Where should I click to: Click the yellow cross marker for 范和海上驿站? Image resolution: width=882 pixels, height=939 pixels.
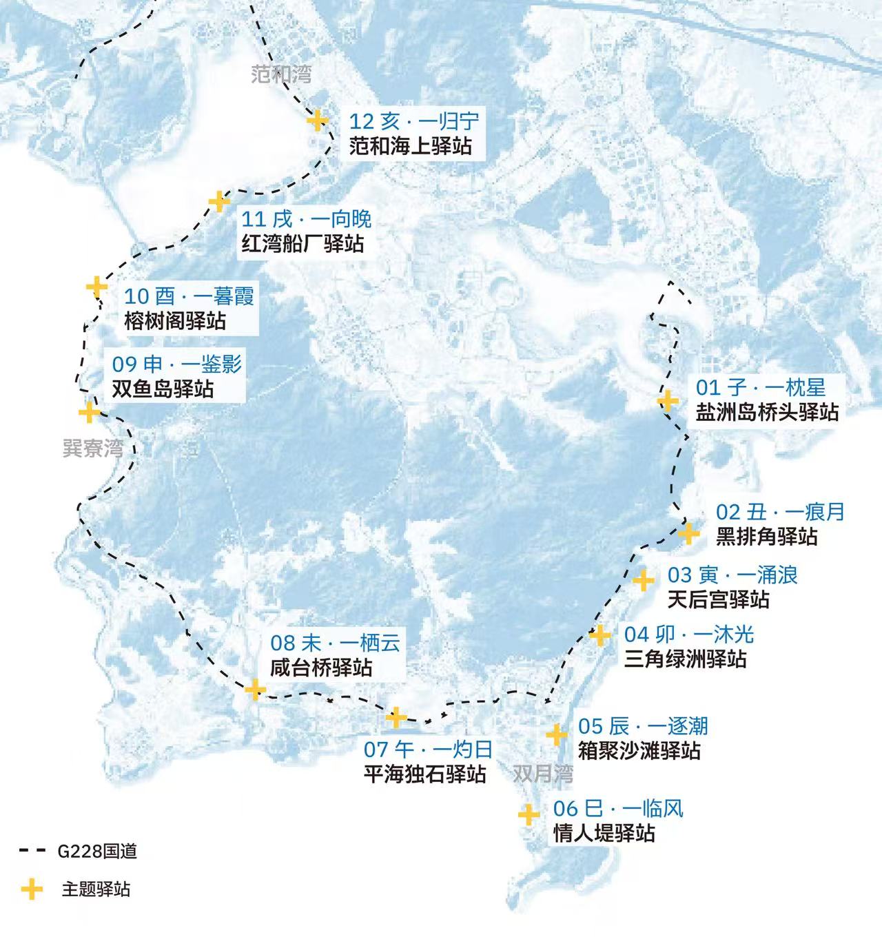pos(317,121)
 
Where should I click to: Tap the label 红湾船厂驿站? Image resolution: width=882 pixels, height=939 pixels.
pos(302,244)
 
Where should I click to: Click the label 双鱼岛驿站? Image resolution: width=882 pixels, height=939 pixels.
pos(163,389)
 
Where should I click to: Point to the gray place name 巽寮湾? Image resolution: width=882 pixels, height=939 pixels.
pos(93,448)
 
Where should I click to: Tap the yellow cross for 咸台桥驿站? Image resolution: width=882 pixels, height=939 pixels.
pos(255,689)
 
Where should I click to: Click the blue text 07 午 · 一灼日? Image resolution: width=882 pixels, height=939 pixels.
pos(428,749)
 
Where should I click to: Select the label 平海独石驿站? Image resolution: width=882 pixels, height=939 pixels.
pos(425,774)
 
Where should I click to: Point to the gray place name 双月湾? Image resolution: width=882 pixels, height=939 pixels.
pos(543,774)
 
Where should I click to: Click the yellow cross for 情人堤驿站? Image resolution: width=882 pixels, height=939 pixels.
pos(529,815)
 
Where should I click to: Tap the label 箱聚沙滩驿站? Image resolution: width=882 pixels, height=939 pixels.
pos(639,750)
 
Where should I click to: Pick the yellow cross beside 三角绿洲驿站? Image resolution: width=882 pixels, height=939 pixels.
pos(599,635)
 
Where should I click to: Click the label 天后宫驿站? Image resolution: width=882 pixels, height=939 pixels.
pos(718,599)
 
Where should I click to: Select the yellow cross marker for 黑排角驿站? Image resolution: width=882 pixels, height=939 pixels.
pos(688,533)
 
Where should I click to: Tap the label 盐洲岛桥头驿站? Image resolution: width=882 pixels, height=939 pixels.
pos(767,412)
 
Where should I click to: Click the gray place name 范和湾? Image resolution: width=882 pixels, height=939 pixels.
pos(281,74)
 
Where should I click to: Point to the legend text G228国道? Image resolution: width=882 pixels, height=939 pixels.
pos(97,852)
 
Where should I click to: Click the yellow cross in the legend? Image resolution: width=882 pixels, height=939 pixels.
pos(31,889)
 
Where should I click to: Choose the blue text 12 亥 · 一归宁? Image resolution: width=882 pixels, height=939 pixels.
pos(413,122)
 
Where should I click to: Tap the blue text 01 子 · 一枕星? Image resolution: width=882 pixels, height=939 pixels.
pos(760,387)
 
